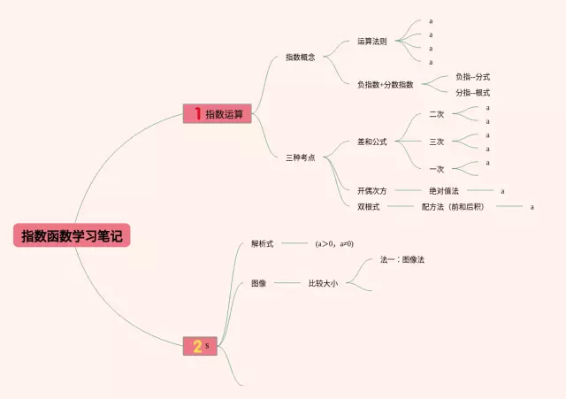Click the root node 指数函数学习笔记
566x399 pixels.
[x=72, y=236]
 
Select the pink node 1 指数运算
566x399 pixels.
[x=218, y=113]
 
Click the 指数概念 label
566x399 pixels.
[x=301, y=58]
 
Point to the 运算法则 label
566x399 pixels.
[x=371, y=41]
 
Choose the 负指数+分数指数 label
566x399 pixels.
[x=385, y=84]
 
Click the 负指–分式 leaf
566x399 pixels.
[x=472, y=77]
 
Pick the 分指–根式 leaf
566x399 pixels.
[x=472, y=92]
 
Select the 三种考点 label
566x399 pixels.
[x=301, y=157]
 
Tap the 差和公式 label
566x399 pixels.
[x=371, y=141]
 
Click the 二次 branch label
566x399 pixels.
[x=436, y=114]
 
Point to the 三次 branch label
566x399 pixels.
[x=436, y=142]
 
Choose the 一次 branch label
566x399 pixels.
[x=436, y=168]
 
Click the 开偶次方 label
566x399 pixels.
[x=371, y=190]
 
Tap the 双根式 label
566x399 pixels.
[x=368, y=206]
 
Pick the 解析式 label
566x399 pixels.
[x=262, y=242]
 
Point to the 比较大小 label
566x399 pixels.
[x=323, y=283]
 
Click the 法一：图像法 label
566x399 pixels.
[x=402, y=259]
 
